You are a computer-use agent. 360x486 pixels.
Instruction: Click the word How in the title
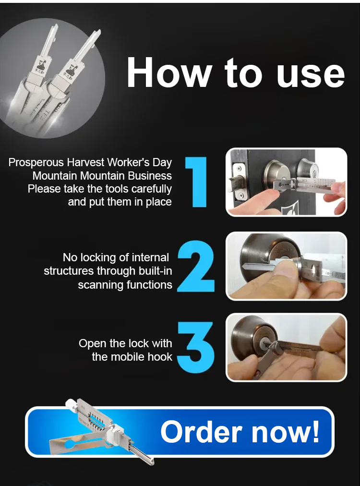tap(169, 73)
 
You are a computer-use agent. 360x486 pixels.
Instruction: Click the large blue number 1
tap(196, 182)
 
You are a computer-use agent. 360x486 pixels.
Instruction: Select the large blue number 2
tap(196, 266)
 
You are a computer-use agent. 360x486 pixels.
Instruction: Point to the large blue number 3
tap(196, 347)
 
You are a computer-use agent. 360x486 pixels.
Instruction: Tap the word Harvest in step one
tap(86, 162)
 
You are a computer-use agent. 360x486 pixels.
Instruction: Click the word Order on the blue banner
tap(201, 432)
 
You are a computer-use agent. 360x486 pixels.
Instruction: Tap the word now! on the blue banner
tap(285, 432)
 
